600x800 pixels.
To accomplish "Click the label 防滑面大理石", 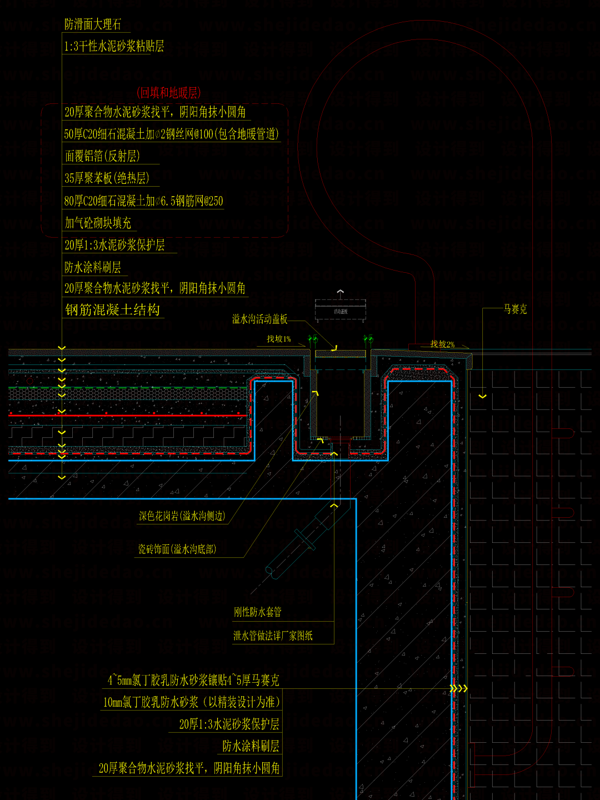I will click(92, 24).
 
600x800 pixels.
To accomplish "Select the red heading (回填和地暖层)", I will click(168, 93).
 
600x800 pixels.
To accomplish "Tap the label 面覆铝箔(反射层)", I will click(102, 156).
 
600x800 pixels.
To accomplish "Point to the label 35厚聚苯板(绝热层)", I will click(107, 178).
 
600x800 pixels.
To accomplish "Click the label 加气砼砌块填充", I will click(98, 223).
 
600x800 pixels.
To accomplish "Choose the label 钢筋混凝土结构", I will click(113, 310).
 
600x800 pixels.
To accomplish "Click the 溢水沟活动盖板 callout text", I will click(260, 319).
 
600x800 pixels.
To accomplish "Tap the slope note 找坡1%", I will click(278, 339).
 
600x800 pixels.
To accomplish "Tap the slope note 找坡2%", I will click(442, 344).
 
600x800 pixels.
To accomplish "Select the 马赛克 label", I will click(515, 309).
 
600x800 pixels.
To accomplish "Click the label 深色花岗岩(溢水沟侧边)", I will click(182, 516).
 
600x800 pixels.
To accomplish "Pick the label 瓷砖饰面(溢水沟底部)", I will click(177, 549).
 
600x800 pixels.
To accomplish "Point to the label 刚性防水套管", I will click(258, 612).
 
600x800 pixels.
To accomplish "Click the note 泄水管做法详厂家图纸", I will click(273, 636).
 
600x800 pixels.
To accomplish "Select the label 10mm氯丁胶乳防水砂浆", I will click(191, 702).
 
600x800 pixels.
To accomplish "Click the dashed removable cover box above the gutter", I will click(341, 311).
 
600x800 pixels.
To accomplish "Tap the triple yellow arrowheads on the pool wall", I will click(459, 689).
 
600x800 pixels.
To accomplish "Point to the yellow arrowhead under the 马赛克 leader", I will click(482, 396).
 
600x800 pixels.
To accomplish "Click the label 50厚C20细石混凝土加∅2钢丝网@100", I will click(171, 134).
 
